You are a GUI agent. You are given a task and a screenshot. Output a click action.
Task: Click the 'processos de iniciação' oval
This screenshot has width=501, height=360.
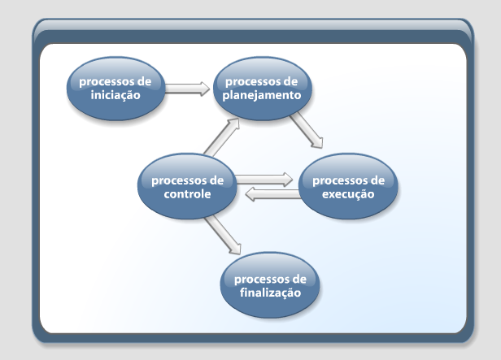coord(116,89)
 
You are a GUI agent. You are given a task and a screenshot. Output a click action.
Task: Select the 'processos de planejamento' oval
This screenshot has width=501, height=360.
coord(262,89)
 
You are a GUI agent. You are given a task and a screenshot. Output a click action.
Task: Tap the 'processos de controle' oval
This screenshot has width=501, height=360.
coord(187,186)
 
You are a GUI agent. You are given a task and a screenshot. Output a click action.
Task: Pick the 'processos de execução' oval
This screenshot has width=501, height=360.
coord(348,186)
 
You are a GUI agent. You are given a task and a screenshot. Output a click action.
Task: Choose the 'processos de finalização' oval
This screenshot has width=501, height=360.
coord(270,285)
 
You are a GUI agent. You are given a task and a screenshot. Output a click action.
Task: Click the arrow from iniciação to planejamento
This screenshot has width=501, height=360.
coord(187,89)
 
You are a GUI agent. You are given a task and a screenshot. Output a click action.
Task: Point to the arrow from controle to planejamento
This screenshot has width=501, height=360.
coord(222,137)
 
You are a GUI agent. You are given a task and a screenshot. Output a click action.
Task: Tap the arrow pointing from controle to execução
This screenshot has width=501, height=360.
coord(264,180)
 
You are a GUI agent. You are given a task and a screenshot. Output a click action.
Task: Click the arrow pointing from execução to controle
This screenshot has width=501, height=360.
coord(273,194)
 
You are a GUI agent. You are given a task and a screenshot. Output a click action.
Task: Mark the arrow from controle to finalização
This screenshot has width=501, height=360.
coord(223,235)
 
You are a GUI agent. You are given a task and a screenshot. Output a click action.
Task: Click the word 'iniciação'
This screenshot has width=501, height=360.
coord(115,95)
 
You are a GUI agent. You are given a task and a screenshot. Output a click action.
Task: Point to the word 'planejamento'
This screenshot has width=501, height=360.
coord(262,95)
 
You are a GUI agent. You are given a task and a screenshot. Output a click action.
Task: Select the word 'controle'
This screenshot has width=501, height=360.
coord(187,193)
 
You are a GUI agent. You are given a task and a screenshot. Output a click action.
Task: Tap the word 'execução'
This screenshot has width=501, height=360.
coord(348,194)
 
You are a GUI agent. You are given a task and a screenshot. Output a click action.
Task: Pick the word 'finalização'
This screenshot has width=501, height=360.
coord(270,293)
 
